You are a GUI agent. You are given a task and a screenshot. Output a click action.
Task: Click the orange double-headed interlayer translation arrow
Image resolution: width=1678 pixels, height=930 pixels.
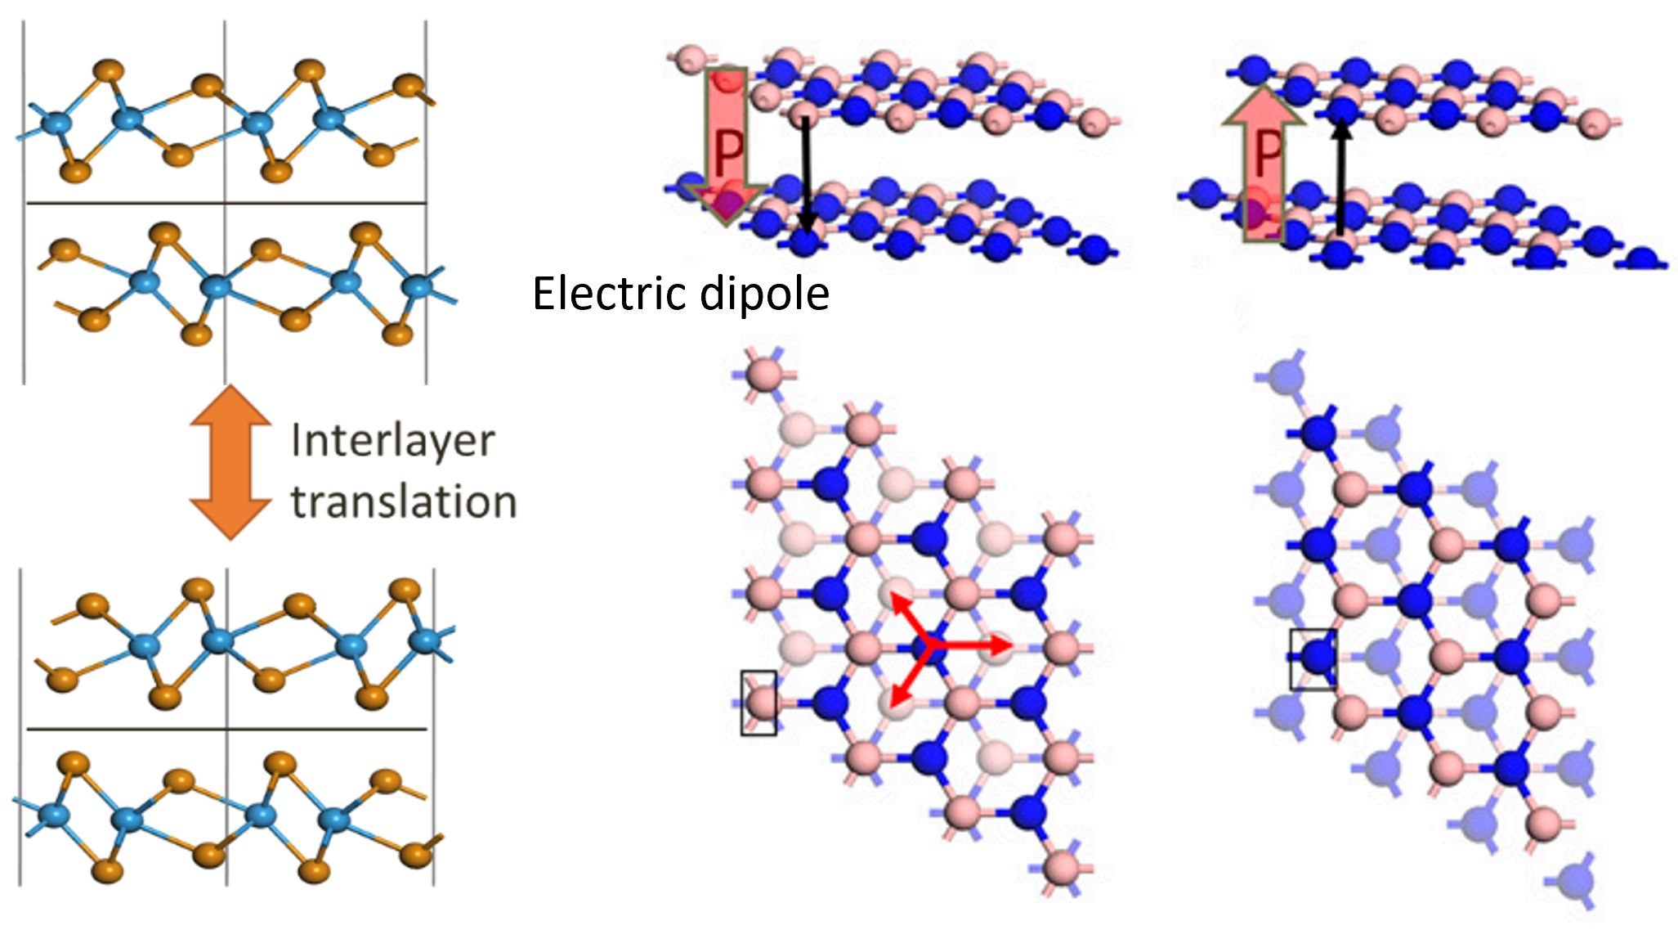coord(230,461)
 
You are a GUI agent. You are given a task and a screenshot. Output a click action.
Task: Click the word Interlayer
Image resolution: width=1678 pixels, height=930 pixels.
coord(392,442)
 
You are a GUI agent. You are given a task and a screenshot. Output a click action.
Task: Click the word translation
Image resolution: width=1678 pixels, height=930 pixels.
coord(404,501)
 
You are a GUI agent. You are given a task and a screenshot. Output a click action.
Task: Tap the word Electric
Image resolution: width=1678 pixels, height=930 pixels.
coord(606,294)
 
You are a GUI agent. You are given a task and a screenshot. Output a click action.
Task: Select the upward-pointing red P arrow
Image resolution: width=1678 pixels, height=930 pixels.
coord(1264,164)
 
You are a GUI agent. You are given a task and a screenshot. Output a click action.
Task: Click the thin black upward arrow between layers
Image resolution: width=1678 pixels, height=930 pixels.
coord(1340,176)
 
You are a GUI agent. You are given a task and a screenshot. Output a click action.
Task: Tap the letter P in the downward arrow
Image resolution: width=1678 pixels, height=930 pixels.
coord(728,152)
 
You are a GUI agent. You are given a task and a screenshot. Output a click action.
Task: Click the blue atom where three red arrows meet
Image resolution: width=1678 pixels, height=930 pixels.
coord(928,647)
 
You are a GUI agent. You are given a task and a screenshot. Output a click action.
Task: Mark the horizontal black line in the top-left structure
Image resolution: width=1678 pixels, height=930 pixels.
coord(227,203)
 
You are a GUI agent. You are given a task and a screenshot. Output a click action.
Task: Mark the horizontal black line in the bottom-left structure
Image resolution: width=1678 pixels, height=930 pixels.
coord(227,728)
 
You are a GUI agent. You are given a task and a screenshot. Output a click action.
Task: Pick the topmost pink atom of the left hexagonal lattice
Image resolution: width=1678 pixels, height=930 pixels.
coord(765,375)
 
